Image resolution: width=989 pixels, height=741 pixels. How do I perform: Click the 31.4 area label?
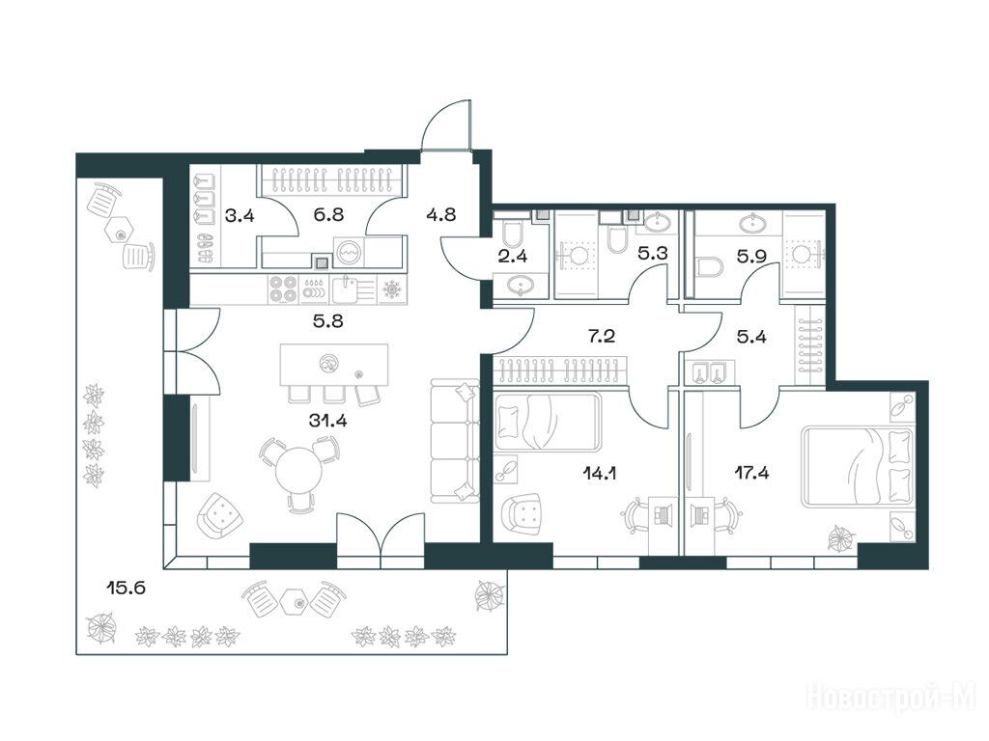328,421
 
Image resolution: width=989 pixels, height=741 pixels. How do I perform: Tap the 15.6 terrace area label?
127,589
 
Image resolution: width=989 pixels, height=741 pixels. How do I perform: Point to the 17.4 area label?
751,473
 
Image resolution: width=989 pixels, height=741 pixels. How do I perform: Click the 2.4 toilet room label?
512,256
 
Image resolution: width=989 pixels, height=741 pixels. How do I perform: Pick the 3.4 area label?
240,216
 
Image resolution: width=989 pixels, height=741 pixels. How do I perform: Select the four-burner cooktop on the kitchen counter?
283,289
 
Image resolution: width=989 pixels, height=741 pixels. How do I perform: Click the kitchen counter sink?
345,289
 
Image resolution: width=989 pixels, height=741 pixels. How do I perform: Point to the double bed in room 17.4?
858,466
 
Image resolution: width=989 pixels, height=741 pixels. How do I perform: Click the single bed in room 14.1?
547,422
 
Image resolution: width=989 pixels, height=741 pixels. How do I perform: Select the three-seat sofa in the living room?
454,440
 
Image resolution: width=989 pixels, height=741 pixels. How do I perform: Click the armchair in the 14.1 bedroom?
522,513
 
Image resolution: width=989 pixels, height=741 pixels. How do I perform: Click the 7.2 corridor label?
602,336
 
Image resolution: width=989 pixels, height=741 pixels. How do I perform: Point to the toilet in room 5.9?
711,267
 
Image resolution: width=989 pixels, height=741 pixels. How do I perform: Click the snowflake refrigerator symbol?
393,289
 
